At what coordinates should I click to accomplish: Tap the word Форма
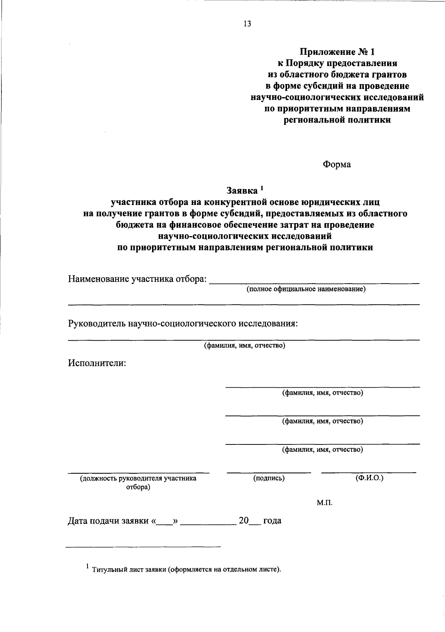pyautogui.click(x=337, y=164)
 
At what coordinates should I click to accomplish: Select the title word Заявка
pyautogui.click(x=242, y=191)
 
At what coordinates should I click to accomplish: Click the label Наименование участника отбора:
pyautogui.click(x=137, y=279)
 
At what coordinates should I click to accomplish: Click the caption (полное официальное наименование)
pyautogui.click(x=306, y=289)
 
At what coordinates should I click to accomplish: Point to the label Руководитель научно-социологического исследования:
pyautogui.click(x=183, y=324)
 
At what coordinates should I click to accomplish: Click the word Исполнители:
pyautogui.click(x=97, y=363)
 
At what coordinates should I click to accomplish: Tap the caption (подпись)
pyautogui.click(x=269, y=478)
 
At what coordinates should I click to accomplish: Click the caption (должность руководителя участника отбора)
pyautogui.click(x=138, y=483)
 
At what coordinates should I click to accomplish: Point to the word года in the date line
pyautogui.click(x=272, y=521)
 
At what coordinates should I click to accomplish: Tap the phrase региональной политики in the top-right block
pyautogui.click(x=337, y=120)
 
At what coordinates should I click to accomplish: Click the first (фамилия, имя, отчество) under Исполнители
pyautogui.click(x=323, y=393)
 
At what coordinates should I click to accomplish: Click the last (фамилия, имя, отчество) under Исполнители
pyautogui.click(x=323, y=450)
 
